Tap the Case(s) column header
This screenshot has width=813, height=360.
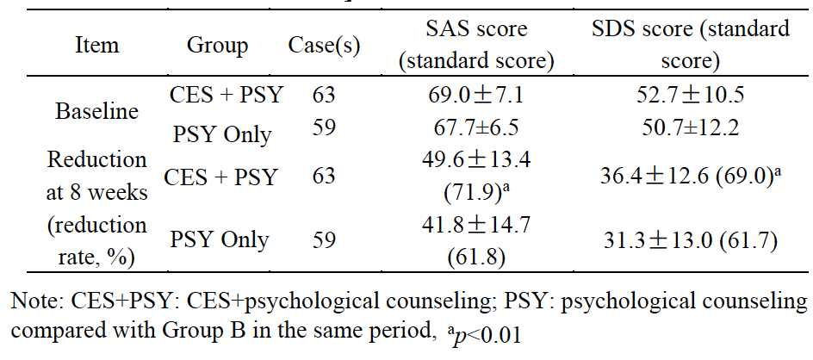coord(324,46)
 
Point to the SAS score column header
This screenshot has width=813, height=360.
coord(480,46)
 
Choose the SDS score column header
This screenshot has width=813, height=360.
coord(691,46)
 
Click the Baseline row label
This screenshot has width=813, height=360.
coord(96,111)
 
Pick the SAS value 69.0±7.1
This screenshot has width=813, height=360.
coord(480,95)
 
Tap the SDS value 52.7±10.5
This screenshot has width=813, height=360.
coord(691,95)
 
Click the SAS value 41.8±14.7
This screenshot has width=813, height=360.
coord(480,226)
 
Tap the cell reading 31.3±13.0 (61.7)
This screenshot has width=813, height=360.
coord(691,240)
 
